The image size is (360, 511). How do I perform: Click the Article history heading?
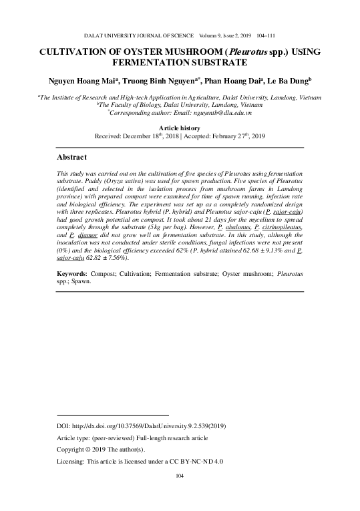pyautogui.click(x=180, y=127)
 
